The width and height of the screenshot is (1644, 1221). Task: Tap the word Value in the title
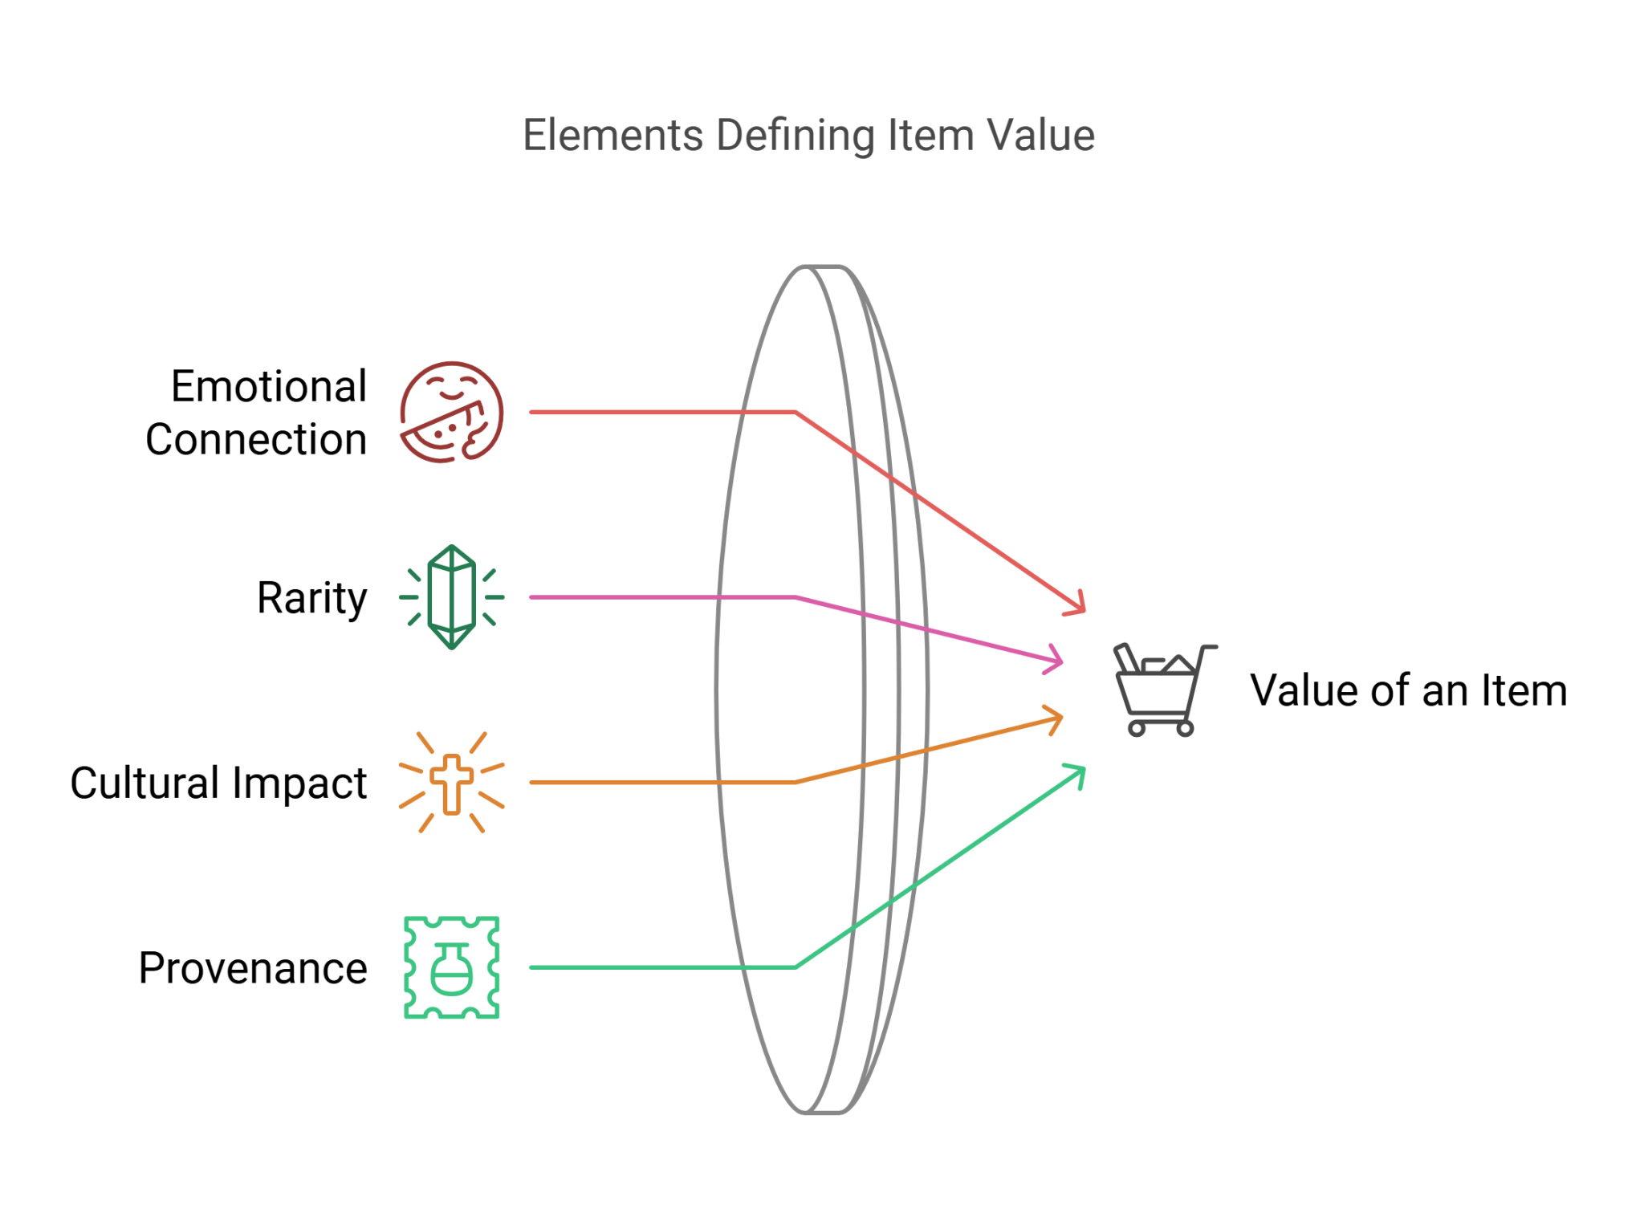click(x=1040, y=135)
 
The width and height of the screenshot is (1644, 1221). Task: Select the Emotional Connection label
click(x=257, y=413)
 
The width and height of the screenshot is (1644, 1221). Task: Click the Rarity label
click(x=311, y=598)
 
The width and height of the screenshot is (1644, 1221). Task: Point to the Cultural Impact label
click(x=218, y=783)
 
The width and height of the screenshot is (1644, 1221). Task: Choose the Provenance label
click(x=253, y=968)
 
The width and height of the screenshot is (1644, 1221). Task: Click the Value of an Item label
click(x=1408, y=690)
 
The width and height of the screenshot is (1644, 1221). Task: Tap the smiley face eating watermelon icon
click(x=451, y=413)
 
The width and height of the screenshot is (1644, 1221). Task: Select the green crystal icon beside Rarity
click(x=451, y=597)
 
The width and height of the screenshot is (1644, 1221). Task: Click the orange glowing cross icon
click(x=452, y=783)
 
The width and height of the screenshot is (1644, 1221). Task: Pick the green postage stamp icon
click(x=452, y=967)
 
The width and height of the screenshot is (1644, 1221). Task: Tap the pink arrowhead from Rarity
click(x=1056, y=660)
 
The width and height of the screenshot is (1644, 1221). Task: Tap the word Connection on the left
click(x=257, y=440)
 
